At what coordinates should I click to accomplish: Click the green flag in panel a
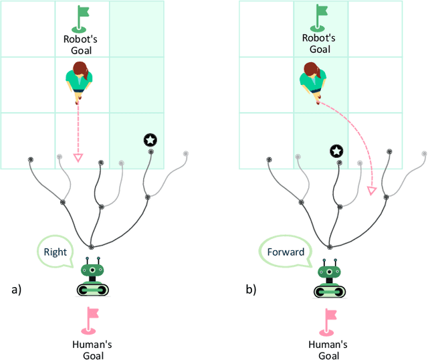[82, 18]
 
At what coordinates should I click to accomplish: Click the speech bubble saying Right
[56, 253]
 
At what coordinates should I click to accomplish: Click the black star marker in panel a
[150, 140]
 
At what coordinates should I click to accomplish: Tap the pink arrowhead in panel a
[78, 158]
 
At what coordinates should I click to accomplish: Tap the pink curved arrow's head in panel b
[372, 192]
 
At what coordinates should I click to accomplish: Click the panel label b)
[250, 290]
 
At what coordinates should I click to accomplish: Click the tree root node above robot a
[91, 247]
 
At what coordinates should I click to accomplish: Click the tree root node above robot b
[328, 247]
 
